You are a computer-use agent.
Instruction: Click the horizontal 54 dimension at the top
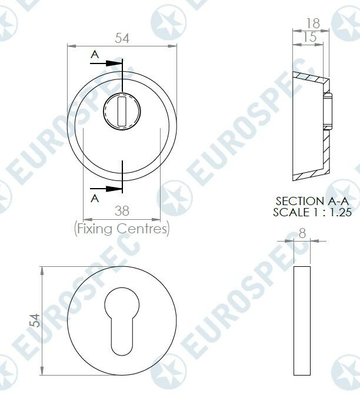(122, 38)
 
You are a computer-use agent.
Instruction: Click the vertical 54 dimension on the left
(35, 320)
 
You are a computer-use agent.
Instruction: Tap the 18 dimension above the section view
(312, 23)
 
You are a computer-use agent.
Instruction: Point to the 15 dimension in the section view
(309, 36)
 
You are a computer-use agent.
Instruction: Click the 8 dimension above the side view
(302, 233)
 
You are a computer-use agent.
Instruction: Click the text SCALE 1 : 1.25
(312, 212)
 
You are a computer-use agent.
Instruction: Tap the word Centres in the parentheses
(144, 228)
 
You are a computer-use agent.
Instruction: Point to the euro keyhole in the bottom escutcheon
(121, 320)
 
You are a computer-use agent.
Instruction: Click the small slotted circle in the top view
(122, 112)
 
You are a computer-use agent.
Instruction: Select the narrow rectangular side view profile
(301, 321)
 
